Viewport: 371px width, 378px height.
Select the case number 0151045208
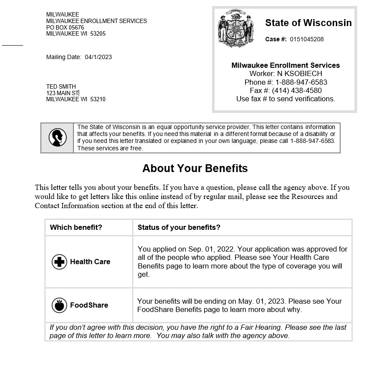pos(307,40)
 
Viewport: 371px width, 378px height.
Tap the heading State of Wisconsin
pos(308,23)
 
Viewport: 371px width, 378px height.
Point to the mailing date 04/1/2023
pos(98,57)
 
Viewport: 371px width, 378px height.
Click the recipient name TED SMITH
pos(61,86)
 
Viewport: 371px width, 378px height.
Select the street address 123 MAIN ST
pos(63,93)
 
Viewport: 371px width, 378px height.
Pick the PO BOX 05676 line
pos(65,27)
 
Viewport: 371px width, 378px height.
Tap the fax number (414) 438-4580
pos(297,90)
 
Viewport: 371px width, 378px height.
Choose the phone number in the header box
pos(301,82)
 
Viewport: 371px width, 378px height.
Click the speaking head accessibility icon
pos(57,138)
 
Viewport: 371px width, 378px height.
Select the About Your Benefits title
pos(195,168)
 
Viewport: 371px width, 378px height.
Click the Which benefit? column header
pos(76,227)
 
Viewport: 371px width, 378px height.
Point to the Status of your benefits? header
pos(179,227)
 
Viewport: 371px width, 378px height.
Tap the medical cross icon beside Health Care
pos(60,262)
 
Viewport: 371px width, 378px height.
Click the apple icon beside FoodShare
pos(60,305)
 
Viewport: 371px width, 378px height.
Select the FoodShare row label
pos(89,305)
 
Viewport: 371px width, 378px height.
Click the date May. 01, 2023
pos(262,301)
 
